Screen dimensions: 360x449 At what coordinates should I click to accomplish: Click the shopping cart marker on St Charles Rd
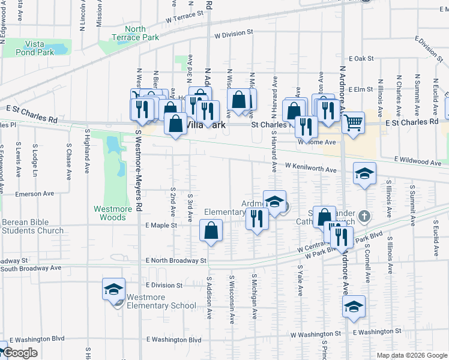354,122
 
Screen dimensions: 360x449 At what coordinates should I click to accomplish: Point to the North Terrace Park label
136,33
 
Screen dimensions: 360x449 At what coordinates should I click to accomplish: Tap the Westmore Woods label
113,214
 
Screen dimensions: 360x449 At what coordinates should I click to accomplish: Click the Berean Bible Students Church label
32,226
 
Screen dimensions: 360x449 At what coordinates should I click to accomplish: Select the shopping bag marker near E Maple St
211,230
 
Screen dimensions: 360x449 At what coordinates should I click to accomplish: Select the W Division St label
231,35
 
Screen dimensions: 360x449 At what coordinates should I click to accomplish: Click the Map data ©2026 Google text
411,355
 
